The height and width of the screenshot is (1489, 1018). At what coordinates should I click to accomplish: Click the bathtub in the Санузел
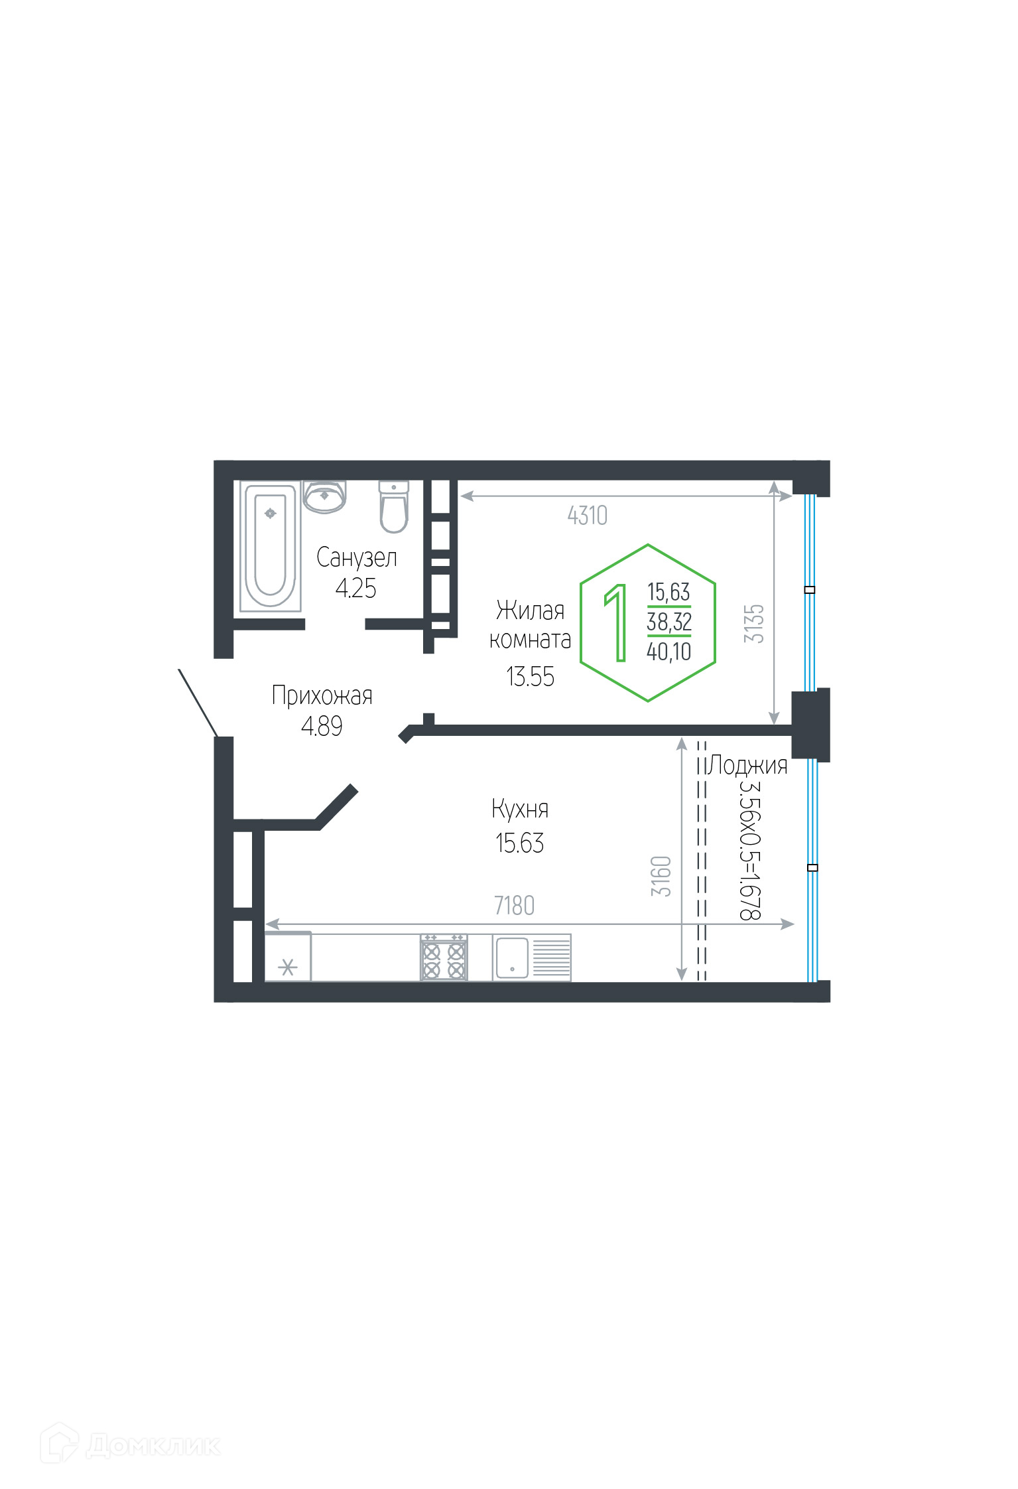coord(270,546)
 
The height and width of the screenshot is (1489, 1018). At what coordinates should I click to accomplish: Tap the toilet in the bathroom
coord(394,507)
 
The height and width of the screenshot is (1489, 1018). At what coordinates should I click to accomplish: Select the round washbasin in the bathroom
coord(324,496)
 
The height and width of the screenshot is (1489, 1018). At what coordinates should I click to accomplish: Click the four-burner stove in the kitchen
coord(444,957)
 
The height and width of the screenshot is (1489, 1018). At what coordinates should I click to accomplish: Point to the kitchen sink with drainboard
coord(531,957)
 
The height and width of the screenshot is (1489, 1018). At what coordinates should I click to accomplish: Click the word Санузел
coord(357,558)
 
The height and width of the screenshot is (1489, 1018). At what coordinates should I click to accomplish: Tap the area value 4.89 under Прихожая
coord(322,727)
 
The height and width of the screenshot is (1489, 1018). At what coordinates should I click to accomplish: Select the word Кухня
coord(520,809)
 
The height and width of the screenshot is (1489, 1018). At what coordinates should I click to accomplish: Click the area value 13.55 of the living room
coord(530,677)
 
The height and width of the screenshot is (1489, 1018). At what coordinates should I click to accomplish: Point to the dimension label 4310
coord(587,516)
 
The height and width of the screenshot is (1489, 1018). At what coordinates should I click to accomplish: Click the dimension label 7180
coord(514,906)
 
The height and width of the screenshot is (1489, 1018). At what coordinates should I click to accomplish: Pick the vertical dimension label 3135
coord(754,624)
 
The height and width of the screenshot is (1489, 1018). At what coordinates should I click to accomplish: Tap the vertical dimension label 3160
coord(661,877)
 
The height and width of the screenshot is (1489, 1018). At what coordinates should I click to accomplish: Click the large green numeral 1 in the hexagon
coord(617,622)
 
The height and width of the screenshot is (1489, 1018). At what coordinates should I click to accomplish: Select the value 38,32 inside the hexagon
coord(669,622)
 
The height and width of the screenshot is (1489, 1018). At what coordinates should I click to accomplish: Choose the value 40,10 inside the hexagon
coord(669,652)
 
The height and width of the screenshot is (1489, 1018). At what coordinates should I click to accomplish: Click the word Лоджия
coord(748,765)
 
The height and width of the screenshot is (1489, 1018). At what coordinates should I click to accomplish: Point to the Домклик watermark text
coord(154,1445)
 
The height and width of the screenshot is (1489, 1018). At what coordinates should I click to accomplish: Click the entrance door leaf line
coord(198,703)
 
